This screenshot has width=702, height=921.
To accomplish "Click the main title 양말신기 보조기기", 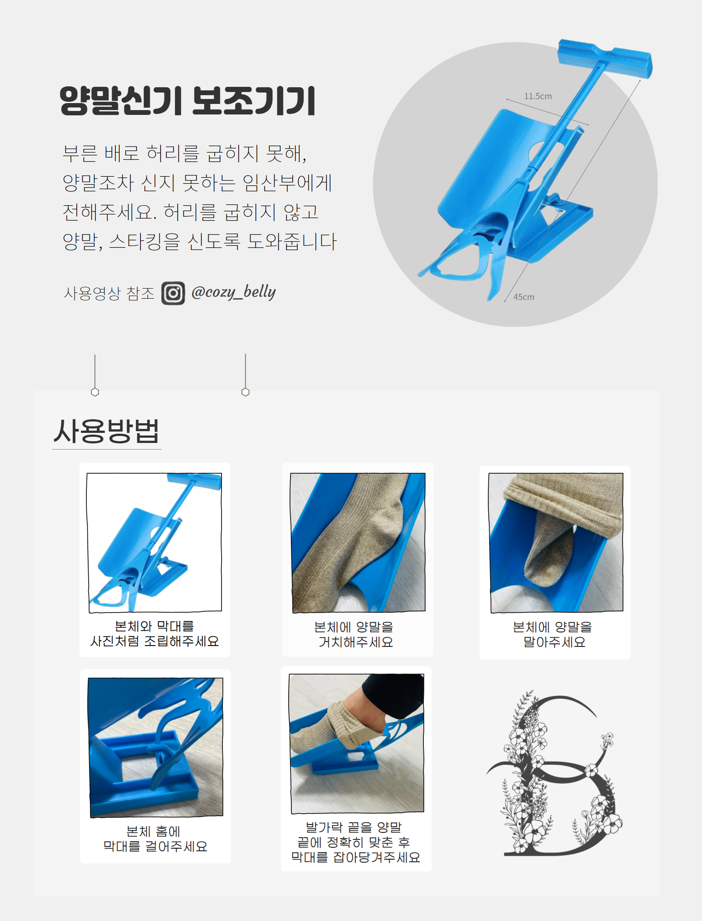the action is (x=187, y=101).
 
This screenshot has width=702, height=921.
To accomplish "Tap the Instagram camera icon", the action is (x=173, y=293).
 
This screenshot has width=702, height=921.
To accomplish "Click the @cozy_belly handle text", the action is (x=233, y=292).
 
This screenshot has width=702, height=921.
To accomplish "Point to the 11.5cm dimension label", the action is (x=538, y=96).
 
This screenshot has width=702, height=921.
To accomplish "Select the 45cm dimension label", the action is (x=524, y=297).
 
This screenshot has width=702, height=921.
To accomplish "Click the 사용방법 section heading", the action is (x=106, y=431).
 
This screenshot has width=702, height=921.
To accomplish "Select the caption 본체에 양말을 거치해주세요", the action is (x=355, y=634).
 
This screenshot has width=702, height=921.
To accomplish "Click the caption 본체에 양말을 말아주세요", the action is (x=553, y=634).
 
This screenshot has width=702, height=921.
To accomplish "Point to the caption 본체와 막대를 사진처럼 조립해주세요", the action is (x=154, y=633).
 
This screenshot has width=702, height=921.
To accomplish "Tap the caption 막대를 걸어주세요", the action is (x=155, y=846).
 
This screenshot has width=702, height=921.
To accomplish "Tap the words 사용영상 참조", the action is (x=109, y=293).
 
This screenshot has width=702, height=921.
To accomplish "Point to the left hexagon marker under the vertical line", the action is (x=95, y=392).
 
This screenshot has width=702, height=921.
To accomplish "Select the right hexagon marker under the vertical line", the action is (x=245, y=392).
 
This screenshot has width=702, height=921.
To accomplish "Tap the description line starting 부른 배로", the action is (x=184, y=153).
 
